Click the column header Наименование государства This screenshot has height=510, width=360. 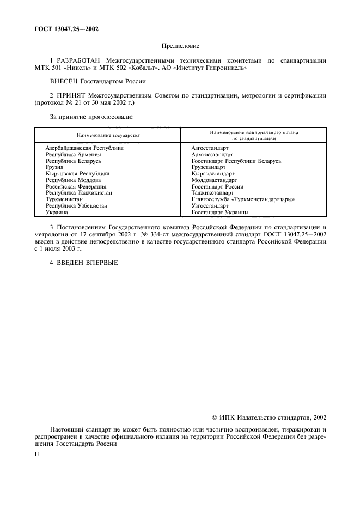[x=108, y=135]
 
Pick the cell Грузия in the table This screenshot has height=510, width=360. [x=54, y=167]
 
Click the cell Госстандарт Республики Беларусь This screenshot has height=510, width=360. [x=236, y=161]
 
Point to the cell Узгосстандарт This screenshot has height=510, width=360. [x=210, y=206]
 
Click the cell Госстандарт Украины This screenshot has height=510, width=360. [x=220, y=212]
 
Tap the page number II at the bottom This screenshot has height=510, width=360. [x=36, y=453]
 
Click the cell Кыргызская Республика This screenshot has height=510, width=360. [x=77, y=174]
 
